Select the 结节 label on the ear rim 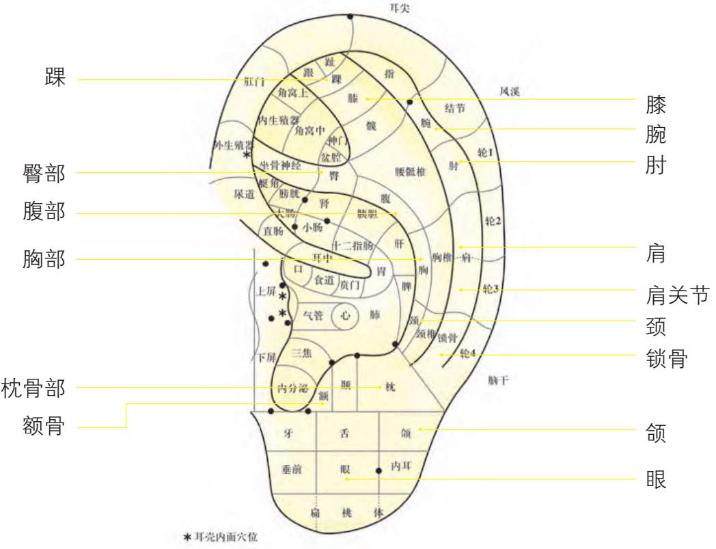[455, 108]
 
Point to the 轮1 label [484, 153]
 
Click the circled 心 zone [345, 316]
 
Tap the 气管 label [313, 316]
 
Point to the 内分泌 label [293, 388]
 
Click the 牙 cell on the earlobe [288, 433]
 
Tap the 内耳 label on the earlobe [400, 466]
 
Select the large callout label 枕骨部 [33, 388]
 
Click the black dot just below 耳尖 [350, 16]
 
